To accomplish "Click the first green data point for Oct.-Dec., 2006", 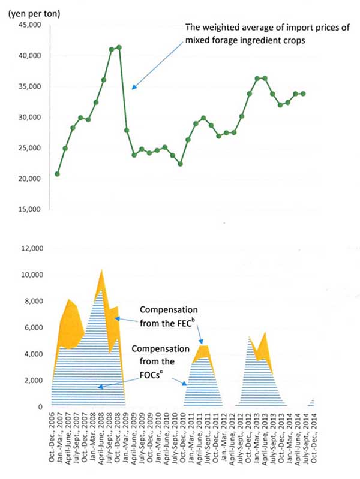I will [x=57, y=174].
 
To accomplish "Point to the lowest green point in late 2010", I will [x=180, y=164].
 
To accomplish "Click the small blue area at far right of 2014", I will [x=311, y=403].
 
